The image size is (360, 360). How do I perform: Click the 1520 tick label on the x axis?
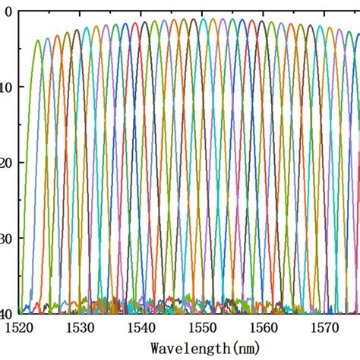[x=16, y=327]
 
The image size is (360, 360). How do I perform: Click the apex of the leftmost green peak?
[x=37, y=41]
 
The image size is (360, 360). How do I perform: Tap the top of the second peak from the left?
[x=47, y=36]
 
